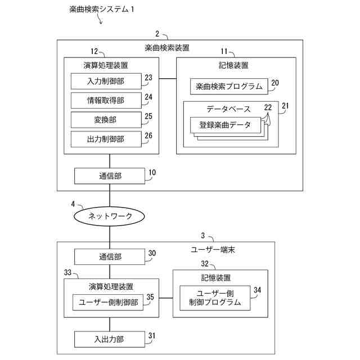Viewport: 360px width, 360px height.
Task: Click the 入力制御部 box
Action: pyautogui.click(x=106, y=82)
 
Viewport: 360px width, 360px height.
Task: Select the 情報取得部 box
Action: pyautogui.click(x=106, y=101)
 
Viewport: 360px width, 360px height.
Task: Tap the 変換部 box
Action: pyautogui.click(x=106, y=119)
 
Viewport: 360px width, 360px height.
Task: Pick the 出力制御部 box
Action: pyautogui.click(x=106, y=138)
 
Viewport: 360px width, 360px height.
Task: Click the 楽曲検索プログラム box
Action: pyautogui.click(x=229, y=87)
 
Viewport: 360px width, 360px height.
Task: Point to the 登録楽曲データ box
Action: pyautogui.click(x=226, y=124)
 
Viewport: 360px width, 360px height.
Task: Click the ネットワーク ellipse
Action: pyautogui.click(x=110, y=216)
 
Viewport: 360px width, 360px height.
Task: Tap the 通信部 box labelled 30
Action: pyautogui.click(x=110, y=256)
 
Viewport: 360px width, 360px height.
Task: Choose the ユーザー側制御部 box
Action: pyautogui.click(x=108, y=302)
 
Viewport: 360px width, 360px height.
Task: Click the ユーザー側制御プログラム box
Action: pyautogui.click(x=215, y=298)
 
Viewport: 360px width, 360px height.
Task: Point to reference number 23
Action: pyautogui.click(x=148, y=78)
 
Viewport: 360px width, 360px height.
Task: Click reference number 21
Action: pyautogui.click(x=285, y=105)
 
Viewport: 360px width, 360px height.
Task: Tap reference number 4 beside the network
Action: pyautogui.click(x=73, y=204)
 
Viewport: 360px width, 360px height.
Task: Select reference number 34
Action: pyautogui.click(x=258, y=290)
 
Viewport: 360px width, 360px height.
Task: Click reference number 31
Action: pyautogui.click(x=151, y=336)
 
